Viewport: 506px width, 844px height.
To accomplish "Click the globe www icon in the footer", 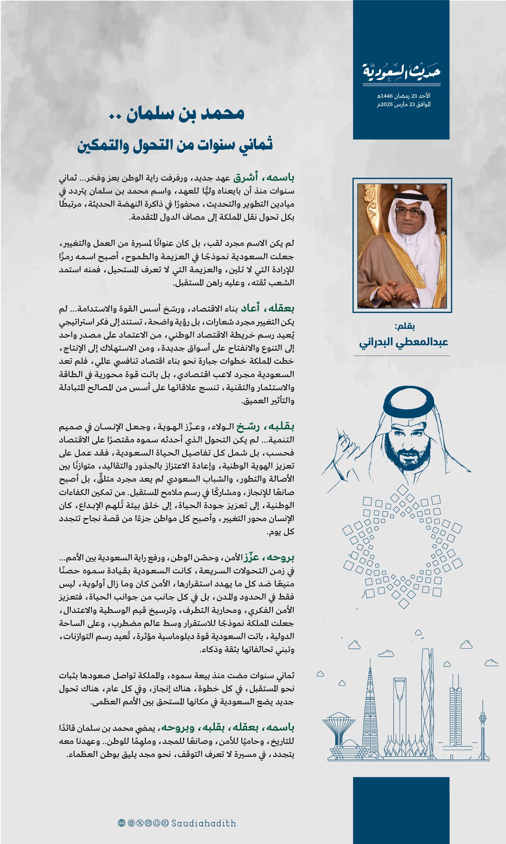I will click(x=121, y=823).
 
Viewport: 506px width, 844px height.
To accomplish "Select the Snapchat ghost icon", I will click(x=157, y=823).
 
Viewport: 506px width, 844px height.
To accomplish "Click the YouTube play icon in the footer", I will click(x=165, y=823).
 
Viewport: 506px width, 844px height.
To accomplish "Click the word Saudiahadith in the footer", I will click(x=203, y=823).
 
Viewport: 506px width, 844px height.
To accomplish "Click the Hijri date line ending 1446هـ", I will click(x=404, y=96).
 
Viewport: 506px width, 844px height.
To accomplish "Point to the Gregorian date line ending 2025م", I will click(x=404, y=104).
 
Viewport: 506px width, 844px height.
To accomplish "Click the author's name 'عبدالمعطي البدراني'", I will click(x=403, y=342).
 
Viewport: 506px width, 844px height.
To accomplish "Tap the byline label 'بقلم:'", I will click(x=404, y=326).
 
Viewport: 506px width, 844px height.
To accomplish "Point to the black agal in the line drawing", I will click(x=409, y=403).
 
